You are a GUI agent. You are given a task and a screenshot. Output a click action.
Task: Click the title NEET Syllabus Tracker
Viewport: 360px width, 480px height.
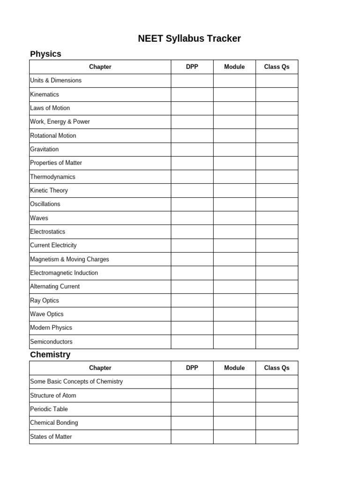189,38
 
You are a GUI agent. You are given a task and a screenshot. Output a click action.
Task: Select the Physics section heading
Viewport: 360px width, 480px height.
45,54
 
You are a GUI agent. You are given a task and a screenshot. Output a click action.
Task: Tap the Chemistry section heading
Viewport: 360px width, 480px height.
50,355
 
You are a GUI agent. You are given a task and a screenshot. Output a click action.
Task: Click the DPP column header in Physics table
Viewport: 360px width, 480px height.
192,67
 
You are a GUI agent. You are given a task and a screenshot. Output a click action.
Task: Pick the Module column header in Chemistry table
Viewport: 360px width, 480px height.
234,368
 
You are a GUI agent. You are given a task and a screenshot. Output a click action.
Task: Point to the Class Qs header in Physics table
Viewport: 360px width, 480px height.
277,67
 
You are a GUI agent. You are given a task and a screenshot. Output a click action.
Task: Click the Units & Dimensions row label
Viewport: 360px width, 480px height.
56,81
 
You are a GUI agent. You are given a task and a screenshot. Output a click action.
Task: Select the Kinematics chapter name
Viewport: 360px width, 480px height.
45,95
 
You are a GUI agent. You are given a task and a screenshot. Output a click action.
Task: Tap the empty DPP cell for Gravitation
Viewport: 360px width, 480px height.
192,150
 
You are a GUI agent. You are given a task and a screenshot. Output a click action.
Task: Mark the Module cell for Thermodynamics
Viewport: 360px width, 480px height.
234,177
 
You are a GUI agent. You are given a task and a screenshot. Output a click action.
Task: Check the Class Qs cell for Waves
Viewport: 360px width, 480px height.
277,218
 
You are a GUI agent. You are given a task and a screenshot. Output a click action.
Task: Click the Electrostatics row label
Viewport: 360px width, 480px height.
48,232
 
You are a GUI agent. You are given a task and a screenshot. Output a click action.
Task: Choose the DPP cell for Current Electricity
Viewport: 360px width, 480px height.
192,245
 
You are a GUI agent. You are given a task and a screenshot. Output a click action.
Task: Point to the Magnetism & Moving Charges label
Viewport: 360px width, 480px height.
69,259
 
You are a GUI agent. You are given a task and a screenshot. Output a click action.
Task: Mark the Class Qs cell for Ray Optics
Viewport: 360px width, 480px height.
277,300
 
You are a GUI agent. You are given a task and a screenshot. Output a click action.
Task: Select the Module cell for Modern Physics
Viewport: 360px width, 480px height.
234,328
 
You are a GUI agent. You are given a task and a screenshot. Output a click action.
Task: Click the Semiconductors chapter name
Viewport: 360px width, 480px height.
51,342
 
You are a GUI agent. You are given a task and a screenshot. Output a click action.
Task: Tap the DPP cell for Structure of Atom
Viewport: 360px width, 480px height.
192,396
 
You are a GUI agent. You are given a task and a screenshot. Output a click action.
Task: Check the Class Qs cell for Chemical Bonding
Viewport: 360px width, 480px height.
277,423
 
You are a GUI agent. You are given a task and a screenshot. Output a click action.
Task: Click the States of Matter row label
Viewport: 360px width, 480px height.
51,437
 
